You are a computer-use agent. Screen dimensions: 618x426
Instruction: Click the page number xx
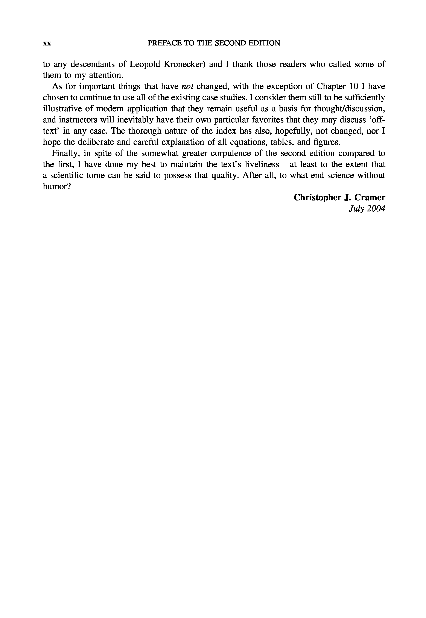[x=47, y=44]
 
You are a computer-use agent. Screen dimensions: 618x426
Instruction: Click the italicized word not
[x=187, y=87]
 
